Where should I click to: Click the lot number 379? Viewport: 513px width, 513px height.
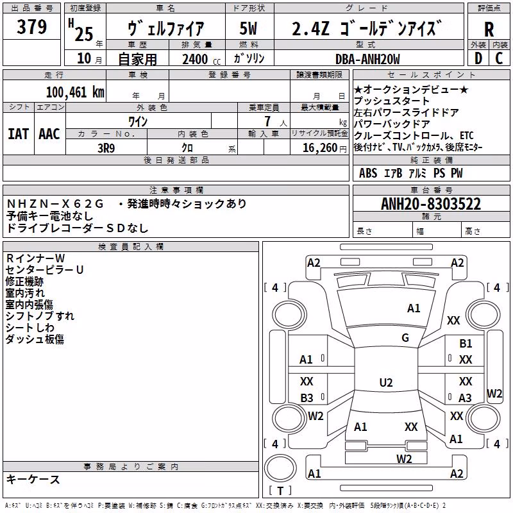[x=31, y=26]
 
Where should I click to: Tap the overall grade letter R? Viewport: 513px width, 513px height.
[x=489, y=29]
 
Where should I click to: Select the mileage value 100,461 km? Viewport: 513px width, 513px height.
[x=75, y=92]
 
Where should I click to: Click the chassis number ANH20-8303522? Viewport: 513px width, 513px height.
[x=431, y=204]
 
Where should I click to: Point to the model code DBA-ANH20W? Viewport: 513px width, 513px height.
[x=367, y=59]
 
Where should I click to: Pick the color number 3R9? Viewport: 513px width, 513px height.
[x=106, y=148]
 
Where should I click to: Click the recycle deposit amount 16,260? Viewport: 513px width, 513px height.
[x=319, y=148]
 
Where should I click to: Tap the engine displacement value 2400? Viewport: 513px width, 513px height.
[x=195, y=59]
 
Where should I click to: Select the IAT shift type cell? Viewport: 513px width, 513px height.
[x=19, y=134]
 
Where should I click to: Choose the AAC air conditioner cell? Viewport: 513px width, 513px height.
[x=49, y=134]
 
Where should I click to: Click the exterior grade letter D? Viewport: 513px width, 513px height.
[x=478, y=58]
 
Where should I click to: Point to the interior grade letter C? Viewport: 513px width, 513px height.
[x=499, y=58]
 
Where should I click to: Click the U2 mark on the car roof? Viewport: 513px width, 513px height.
[x=386, y=382]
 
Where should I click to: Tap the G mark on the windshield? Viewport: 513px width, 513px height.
[x=405, y=337]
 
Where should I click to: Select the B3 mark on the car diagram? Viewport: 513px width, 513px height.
[x=307, y=398]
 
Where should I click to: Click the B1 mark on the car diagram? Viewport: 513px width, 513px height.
[x=466, y=344]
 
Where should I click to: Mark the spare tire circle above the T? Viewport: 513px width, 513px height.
[x=280, y=468]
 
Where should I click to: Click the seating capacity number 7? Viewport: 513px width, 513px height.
[x=267, y=121]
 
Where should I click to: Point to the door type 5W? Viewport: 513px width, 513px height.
[x=248, y=28]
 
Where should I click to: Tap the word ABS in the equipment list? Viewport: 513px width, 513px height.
[x=368, y=172]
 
